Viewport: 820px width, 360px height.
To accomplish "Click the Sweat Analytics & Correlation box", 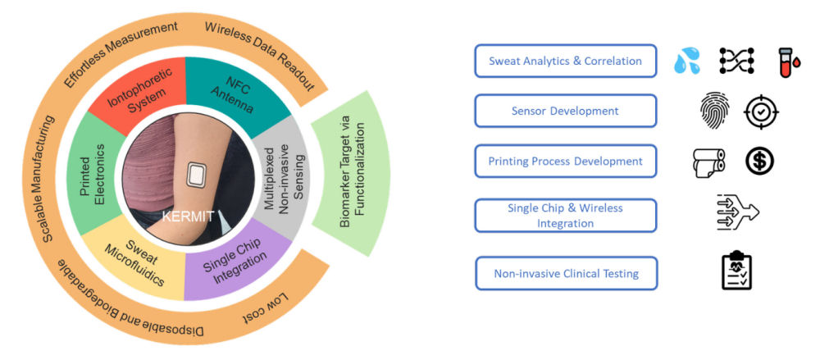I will pos(566,61).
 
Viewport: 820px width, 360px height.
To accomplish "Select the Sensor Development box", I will pos(566,111).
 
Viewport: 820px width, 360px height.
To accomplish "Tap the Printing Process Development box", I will pos(566,161).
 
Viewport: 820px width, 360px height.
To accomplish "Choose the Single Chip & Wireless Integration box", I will pos(566,215).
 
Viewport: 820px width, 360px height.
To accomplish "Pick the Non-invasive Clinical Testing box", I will pos(566,272).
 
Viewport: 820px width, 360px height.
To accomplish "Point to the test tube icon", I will pos(787,60).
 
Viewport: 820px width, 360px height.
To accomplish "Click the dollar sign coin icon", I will pos(762,161).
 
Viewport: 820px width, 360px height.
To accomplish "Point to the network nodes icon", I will pos(736,60).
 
